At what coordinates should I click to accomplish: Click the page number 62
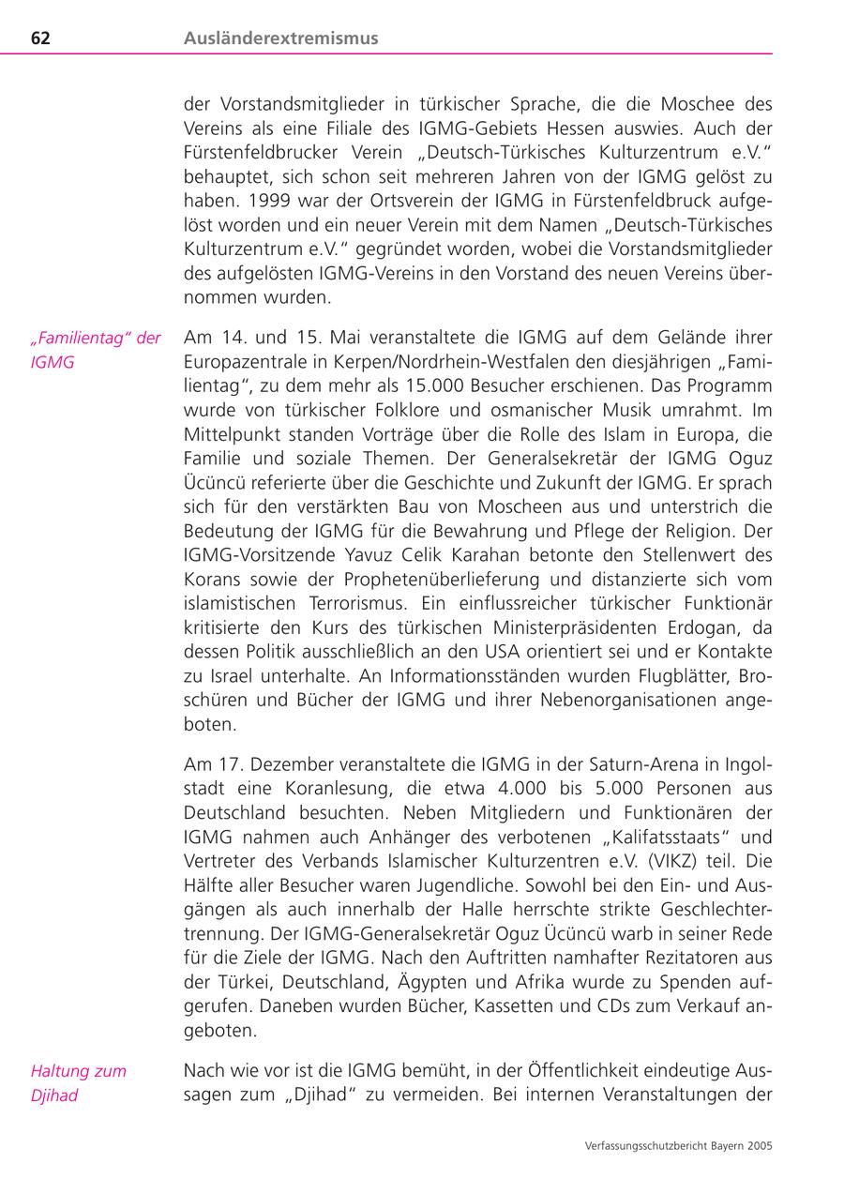[x=40, y=38]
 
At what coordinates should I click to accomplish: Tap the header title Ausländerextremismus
[x=281, y=38]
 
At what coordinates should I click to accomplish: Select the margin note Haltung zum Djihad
[x=78, y=1082]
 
